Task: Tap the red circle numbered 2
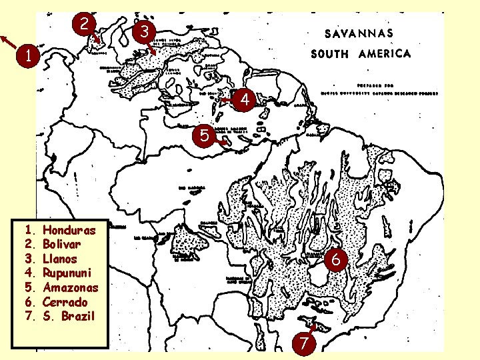click(83, 25)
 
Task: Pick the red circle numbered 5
click(205, 136)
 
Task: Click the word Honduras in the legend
click(69, 231)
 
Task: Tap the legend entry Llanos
click(60, 259)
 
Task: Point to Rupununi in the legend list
click(67, 273)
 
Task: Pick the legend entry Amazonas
click(70, 287)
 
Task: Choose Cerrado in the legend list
click(65, 301)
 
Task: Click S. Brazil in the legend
click(69, 315)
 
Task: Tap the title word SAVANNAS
click(359, 33)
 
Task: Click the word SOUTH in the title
click(329, 54)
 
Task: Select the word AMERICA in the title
click(385, 54)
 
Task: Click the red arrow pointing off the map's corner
click(9, 41)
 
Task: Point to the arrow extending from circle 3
click(153, 47)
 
